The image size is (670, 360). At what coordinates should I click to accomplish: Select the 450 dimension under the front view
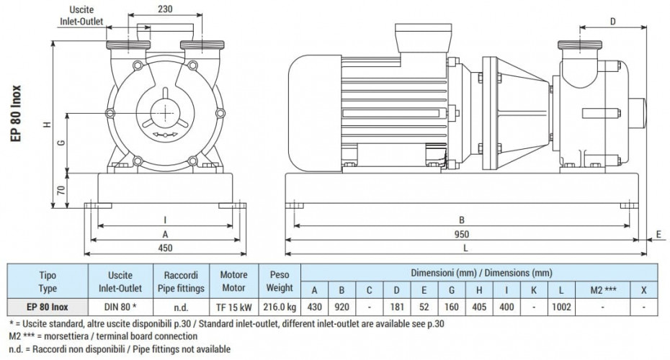pyautogui.click(x=165, y=248)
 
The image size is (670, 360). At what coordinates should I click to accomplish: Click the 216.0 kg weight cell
pyautogui.click(x=279, y=307)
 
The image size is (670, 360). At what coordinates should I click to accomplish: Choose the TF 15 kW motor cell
pyautogui.click(x=229, y=307)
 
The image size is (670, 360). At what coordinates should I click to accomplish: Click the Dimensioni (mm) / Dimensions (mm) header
pyautogui.click(x=481, y=273)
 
